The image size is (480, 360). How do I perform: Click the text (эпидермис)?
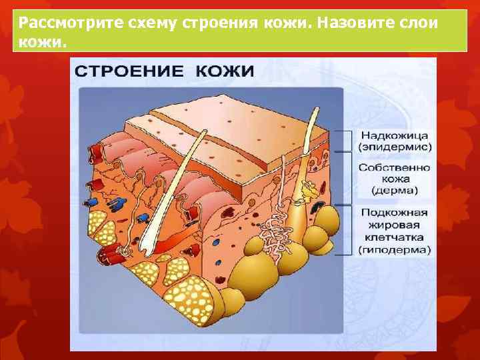395,147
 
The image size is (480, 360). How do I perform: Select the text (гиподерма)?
395,251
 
